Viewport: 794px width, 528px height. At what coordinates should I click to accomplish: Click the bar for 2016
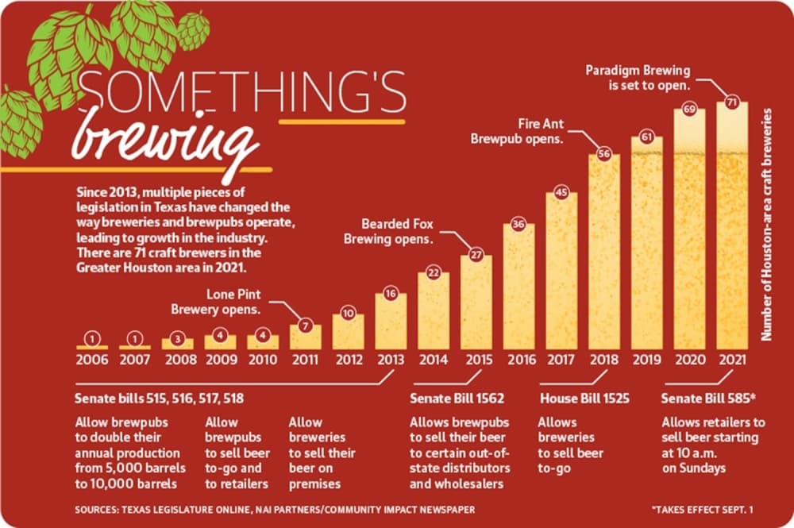[518, 287]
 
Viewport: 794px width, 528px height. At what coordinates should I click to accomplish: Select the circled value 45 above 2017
[561, 192]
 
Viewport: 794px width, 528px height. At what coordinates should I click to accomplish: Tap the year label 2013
[391, 360]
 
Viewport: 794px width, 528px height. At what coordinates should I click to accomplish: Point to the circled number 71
[732, 102]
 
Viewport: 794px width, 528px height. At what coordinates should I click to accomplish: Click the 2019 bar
[646, 243]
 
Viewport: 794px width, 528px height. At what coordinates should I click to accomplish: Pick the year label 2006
[92, 360]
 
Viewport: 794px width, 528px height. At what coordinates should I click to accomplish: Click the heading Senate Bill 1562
[457, 399]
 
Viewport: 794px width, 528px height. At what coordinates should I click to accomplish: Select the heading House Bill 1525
[584, 399]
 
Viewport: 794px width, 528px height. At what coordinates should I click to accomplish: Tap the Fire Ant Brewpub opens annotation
[517, 131]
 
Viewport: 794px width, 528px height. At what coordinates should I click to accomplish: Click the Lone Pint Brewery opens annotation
[216, 302]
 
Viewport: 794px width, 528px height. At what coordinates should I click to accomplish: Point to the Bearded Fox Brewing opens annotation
[389, 231]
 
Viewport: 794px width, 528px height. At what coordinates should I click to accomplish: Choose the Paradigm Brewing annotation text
[638, 78]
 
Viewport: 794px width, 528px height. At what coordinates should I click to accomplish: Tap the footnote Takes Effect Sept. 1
[702, 509]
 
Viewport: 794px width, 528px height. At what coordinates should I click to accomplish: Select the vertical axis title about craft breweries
[766, 224]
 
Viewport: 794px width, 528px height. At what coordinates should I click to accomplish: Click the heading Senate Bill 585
[708, 399]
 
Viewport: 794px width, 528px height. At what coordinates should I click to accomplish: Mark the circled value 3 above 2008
[177, 339]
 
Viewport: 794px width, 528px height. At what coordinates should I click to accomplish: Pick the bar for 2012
[348, 332]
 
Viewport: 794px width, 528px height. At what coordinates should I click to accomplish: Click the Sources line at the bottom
[275, 509]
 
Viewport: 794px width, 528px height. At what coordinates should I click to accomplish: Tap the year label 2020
[690, 360]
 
